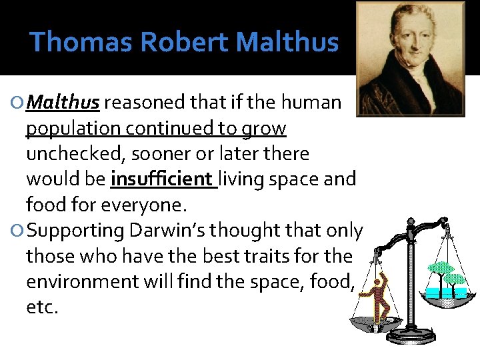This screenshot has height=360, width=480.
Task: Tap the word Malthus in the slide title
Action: (287, 42)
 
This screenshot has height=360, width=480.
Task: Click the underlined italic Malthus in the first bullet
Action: (65, 103)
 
